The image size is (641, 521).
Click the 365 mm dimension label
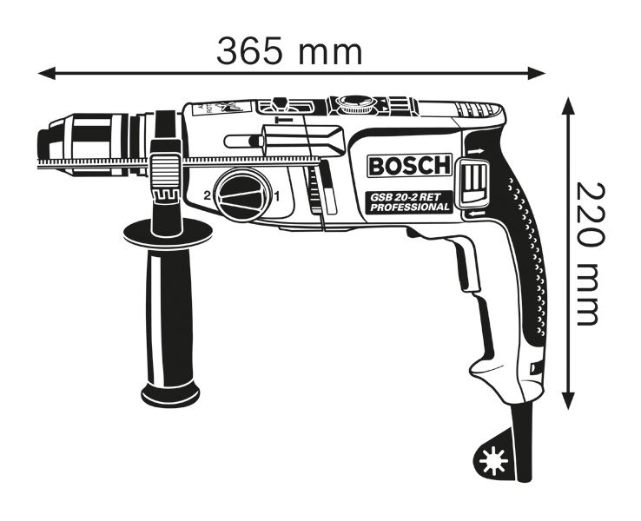(289, 51)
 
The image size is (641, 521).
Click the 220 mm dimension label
(590, 254)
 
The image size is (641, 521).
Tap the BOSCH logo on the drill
(410, 166)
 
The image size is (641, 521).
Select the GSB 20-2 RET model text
(405, 197)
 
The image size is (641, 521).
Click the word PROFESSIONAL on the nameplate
(410, 208)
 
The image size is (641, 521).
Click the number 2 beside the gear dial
(208, 196)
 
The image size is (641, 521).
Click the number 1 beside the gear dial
(277, 196)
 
